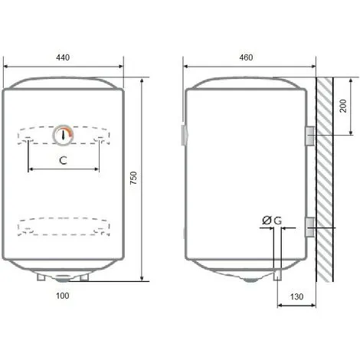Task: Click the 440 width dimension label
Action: pos(64,58)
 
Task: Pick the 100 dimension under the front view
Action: pos(64,296)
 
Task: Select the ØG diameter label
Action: pos(271,221)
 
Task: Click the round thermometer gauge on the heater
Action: pos(64,135)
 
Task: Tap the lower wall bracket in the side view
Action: pos(309,227)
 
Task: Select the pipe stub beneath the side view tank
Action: pos(278,275)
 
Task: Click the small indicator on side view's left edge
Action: pos(182,136)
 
